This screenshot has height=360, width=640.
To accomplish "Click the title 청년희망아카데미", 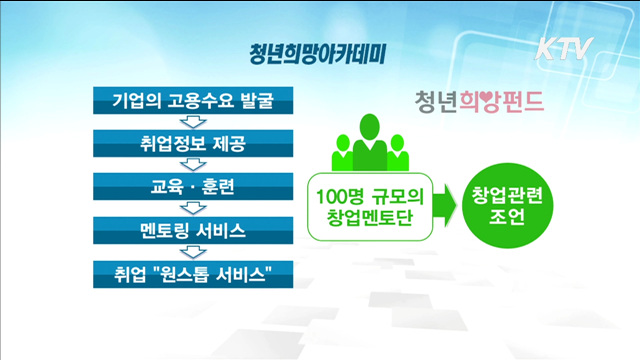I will (321, 51).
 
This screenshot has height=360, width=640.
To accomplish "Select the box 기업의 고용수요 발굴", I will (188, 101).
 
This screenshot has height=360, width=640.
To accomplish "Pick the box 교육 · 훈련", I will (188, 187).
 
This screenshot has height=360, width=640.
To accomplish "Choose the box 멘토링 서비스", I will (188, 230).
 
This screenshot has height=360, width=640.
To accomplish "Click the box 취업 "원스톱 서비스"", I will (188, 272).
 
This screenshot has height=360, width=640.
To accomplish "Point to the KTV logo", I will (565, 48).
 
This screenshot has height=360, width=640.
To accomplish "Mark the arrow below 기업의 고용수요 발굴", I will (187, 122).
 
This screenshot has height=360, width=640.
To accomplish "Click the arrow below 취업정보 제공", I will (187, 165).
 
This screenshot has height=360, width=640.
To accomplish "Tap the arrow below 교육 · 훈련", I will (187, 208).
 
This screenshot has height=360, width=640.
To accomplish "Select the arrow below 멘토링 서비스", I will (187, 251).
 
